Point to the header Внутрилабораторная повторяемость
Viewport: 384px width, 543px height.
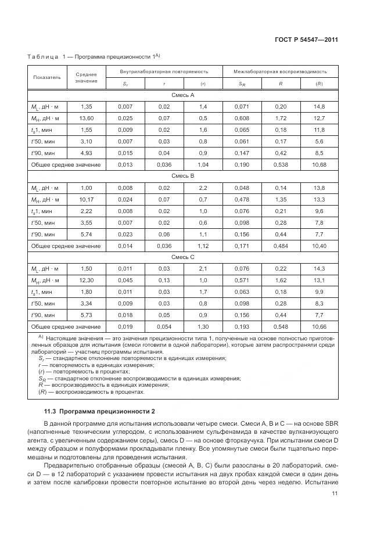coord(164,71)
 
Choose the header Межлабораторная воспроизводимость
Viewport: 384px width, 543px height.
coord(280,71)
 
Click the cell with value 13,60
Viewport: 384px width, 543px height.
coord(87,118)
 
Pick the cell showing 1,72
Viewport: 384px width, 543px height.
coord(281,118)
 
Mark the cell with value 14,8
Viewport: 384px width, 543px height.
coord(319,107)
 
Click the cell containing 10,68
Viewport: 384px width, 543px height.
coord(319,165)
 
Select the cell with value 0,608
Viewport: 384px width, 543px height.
coord(242,118)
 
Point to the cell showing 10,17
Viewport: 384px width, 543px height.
coord(87,200)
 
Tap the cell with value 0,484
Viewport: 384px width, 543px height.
coord(281,246)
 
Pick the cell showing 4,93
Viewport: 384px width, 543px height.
coord(87,153)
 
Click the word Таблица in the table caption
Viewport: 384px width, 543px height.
coord(43,57)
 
